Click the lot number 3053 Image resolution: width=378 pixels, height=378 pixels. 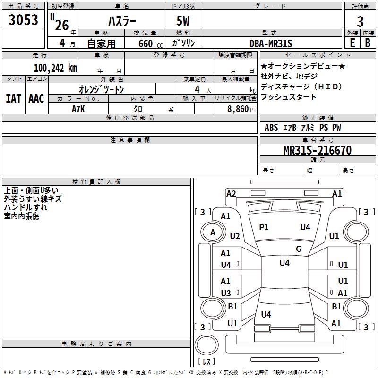click(23, 20)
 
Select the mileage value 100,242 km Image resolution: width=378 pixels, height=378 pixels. click(55, 68)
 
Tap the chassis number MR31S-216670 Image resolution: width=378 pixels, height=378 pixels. click(318, 150)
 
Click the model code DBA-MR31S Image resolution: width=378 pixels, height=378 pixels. click(271, 43)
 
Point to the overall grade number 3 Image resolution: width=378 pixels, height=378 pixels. click(360, 21)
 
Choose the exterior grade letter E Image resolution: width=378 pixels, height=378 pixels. click(352, 43)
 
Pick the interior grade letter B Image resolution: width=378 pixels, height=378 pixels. click(368, 43)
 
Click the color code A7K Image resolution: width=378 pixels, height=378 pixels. click(78, 109)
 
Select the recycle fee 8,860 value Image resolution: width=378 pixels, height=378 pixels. click(238, 109)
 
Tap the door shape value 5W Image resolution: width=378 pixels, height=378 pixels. click(183, 21)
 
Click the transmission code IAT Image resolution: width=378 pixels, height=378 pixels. click(13, 99)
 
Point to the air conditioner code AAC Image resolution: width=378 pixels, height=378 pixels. click(36, 99)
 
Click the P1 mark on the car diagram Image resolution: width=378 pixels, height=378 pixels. click(264, 227)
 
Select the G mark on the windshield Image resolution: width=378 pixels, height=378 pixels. click(299, 249)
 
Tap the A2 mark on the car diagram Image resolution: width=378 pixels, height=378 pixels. click(231, 194)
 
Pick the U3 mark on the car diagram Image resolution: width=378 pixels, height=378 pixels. click(226, 293)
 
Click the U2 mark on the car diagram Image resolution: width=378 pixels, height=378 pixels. click(235, 236)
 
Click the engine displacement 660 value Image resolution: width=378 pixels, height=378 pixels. click(146, 43)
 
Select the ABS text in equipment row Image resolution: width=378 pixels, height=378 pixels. click(271, 128)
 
